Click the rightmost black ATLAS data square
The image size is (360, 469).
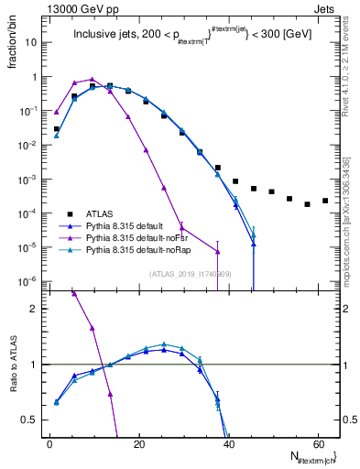click(325, 201)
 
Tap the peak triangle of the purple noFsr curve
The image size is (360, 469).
click(92, 80)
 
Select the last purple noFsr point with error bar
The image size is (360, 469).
click(217, 251)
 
